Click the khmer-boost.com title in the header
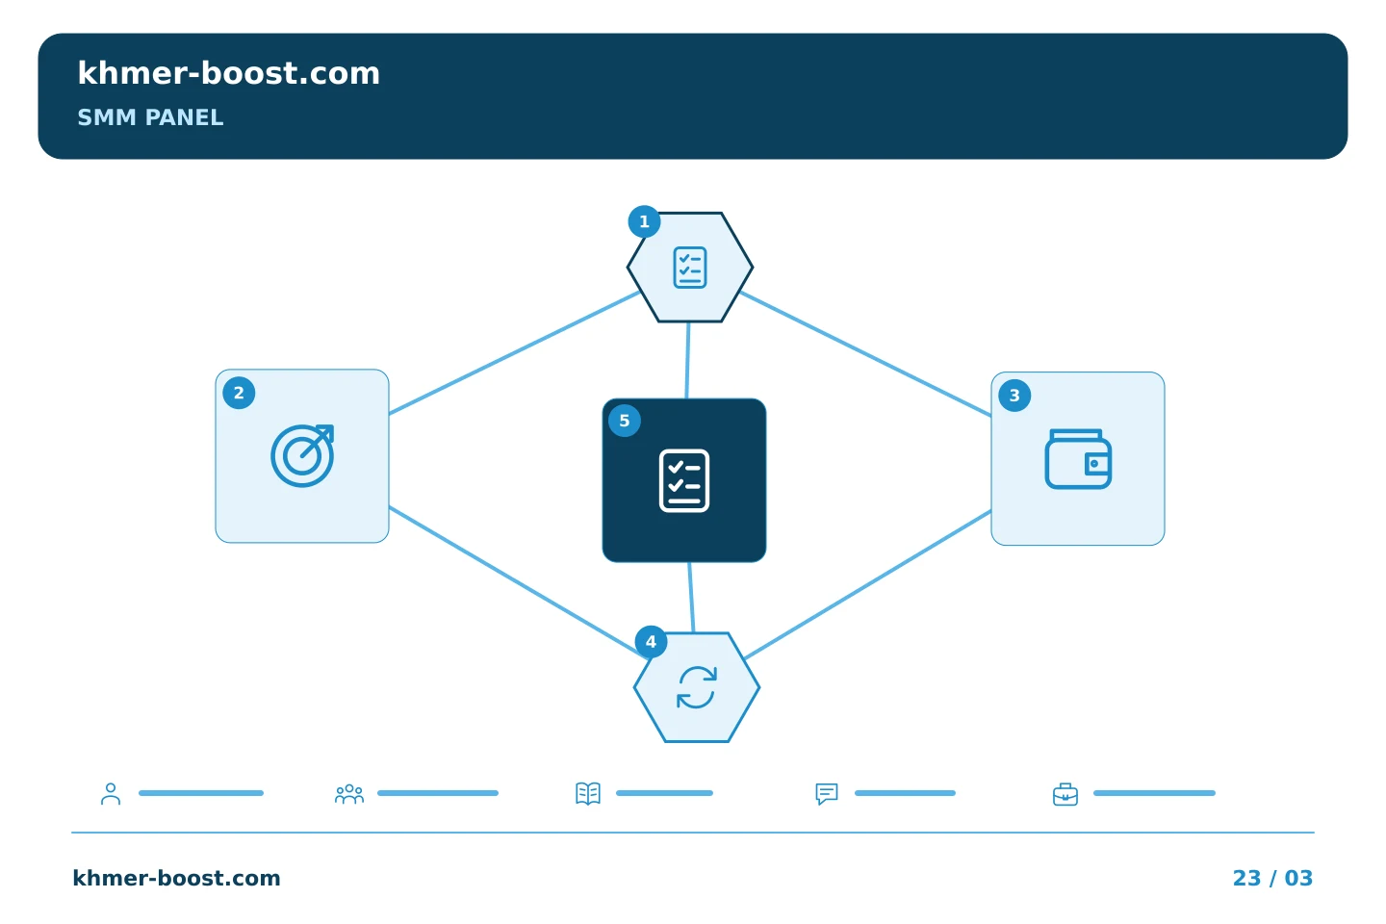228,74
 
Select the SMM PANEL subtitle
150,117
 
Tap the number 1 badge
644,221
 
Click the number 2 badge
239,393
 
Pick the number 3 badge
1014,396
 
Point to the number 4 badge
651,642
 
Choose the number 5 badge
625,421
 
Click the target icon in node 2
302,456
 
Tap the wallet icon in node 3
1078,459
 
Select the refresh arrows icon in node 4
697,687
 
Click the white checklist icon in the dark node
684,481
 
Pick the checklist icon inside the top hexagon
690,268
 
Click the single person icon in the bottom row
111,794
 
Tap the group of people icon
349,794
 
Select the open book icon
588,793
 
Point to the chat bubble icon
827,794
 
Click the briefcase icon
1065,795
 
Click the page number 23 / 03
1272,878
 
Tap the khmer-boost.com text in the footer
176,878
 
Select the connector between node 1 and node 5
687,360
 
